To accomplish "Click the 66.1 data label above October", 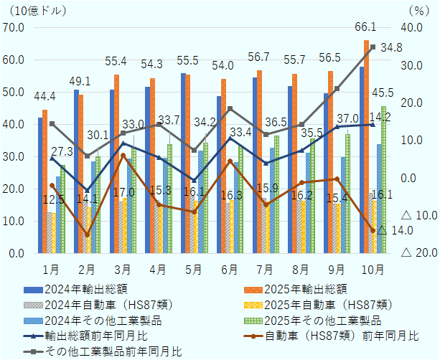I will pos(366,27).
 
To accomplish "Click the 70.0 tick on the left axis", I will pos(14,27).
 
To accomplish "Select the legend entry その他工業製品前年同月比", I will pos(113,351).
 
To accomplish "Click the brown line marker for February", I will pos(87,235).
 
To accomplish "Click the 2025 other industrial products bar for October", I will pos(384,179).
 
